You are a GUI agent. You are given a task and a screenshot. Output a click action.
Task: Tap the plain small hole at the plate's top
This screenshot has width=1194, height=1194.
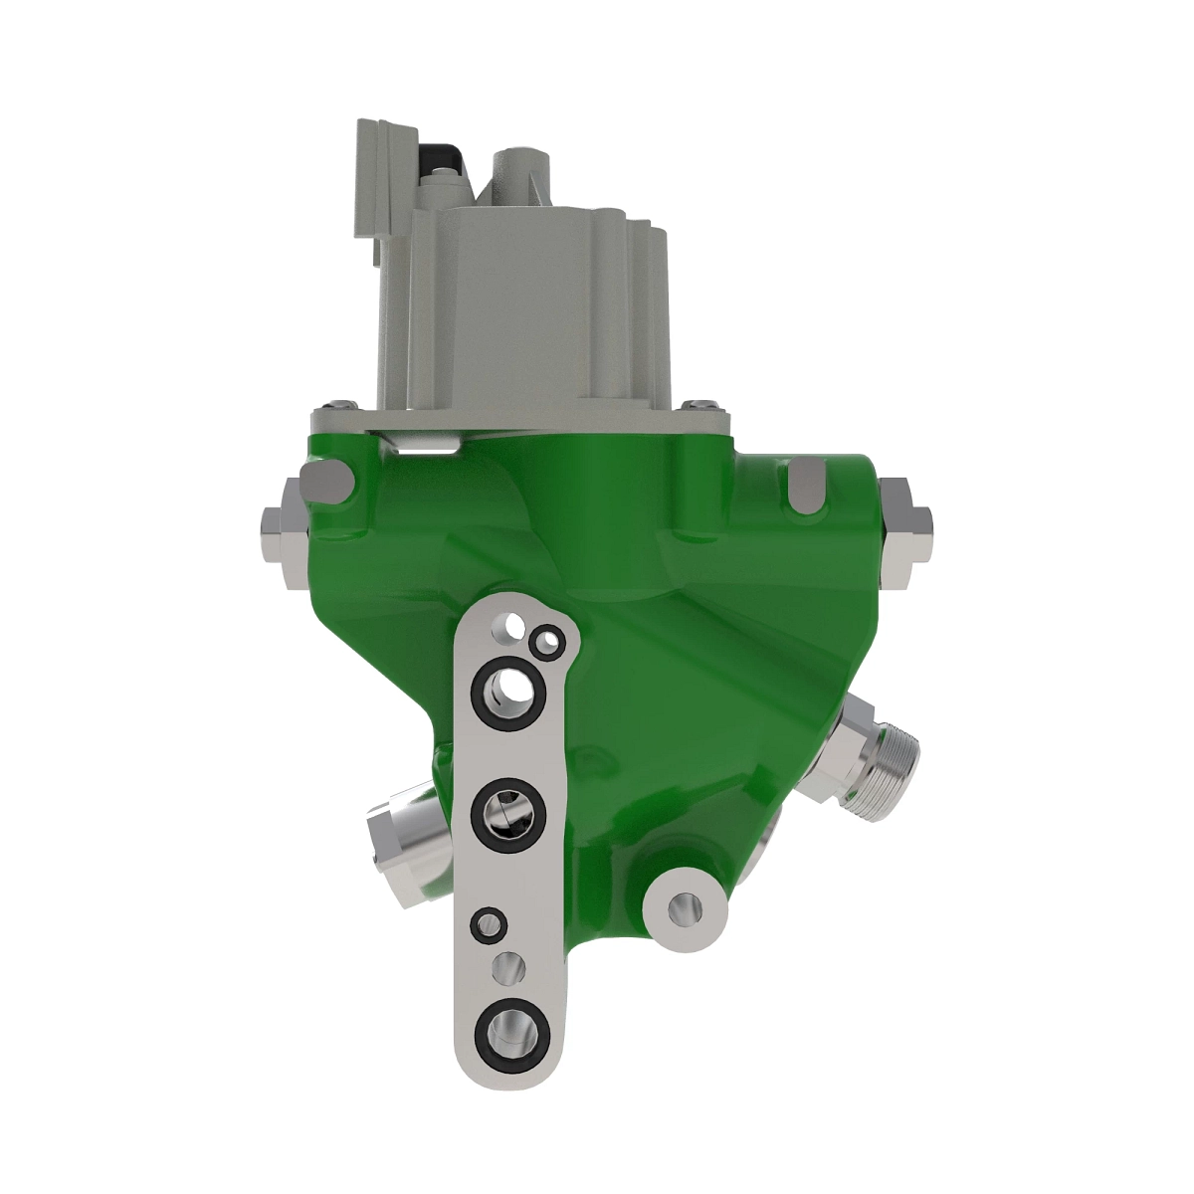tap(514, 625)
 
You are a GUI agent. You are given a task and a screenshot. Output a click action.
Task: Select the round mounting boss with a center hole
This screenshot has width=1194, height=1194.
tap(683, 904)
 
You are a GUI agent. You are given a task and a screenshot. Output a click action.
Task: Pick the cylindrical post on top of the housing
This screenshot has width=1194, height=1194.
tap(522, 164)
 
